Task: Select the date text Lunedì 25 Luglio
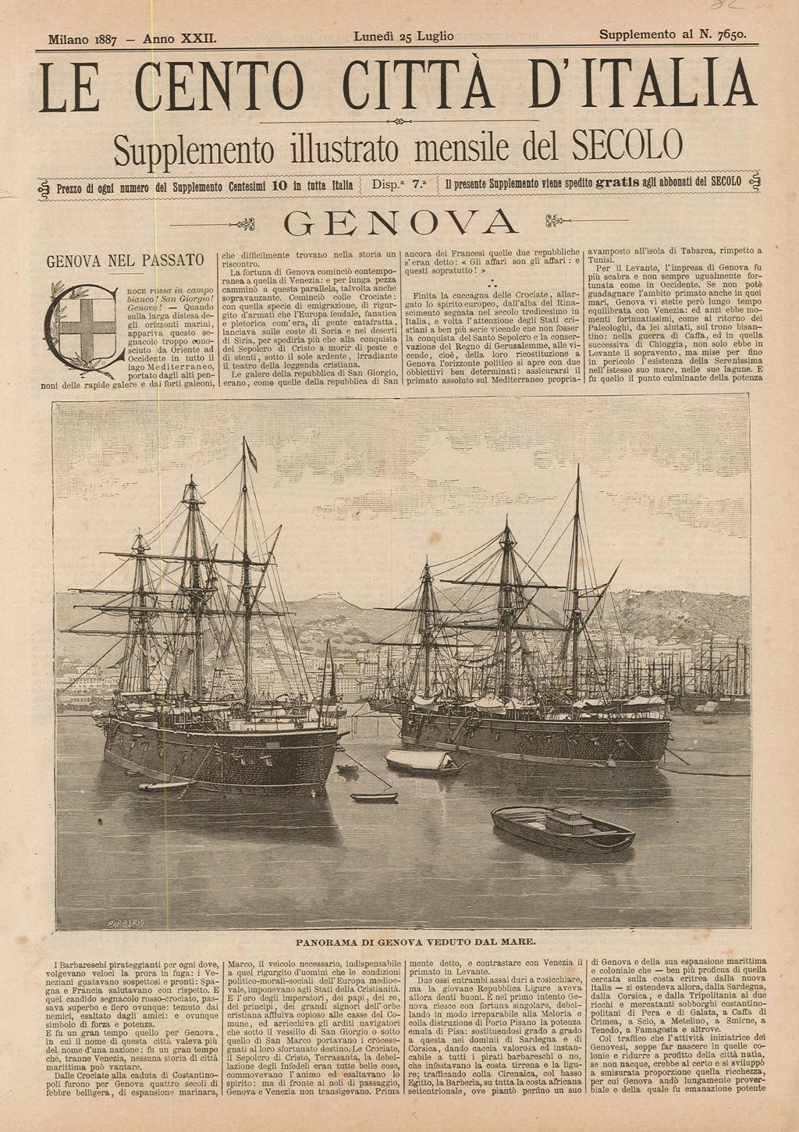403,36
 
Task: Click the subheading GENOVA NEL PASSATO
126,260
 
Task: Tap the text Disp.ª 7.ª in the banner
400,186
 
